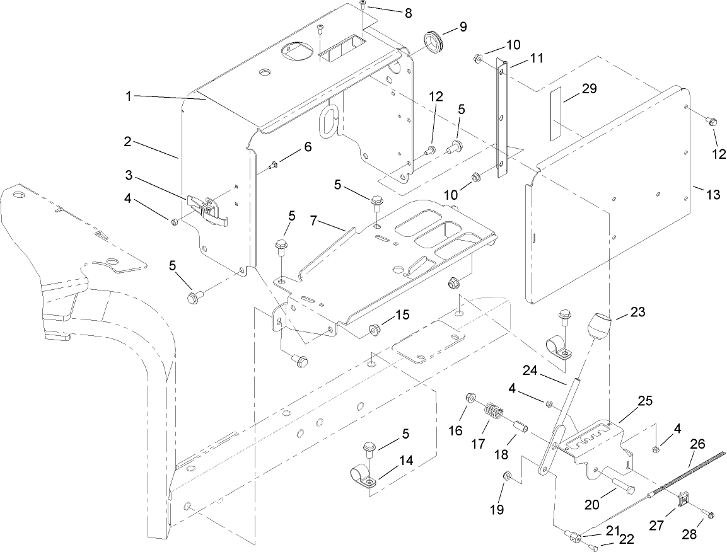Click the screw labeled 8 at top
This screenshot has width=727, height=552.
(363, 6)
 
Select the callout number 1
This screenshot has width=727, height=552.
(128, 96)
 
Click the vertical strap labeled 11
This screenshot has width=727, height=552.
(503, 117)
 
